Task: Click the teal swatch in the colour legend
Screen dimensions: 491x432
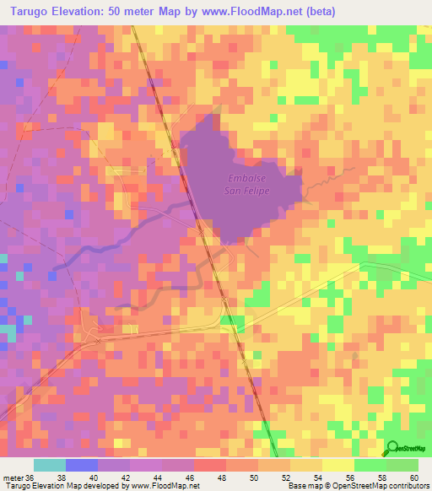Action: point(50,465)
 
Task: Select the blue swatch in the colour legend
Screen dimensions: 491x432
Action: point(82,465)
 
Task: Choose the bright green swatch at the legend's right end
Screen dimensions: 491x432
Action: point(402,465)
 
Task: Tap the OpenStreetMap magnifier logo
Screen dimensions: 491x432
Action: point(393,449)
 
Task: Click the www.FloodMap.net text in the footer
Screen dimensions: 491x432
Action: point(163,486)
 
